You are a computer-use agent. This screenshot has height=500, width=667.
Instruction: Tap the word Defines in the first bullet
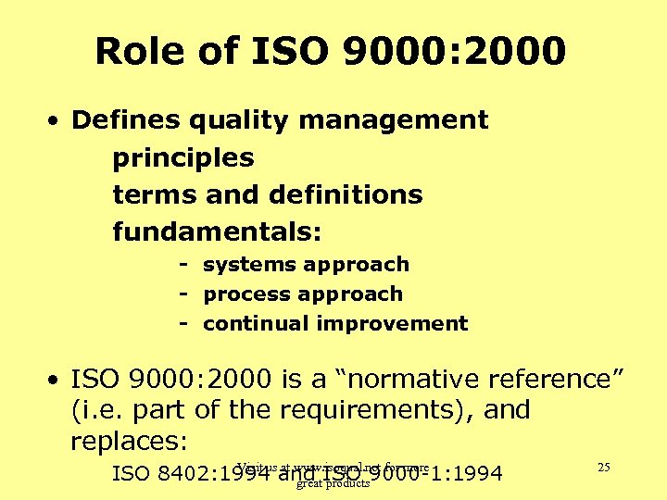coord(125,120)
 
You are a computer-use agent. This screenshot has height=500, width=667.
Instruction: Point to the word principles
coord(182,158)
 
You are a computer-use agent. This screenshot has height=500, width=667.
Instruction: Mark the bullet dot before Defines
coord(57,121)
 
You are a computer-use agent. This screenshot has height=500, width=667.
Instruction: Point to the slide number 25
coord(603,468)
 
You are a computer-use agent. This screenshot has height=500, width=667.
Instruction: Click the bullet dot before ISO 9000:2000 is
coord(57,381)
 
